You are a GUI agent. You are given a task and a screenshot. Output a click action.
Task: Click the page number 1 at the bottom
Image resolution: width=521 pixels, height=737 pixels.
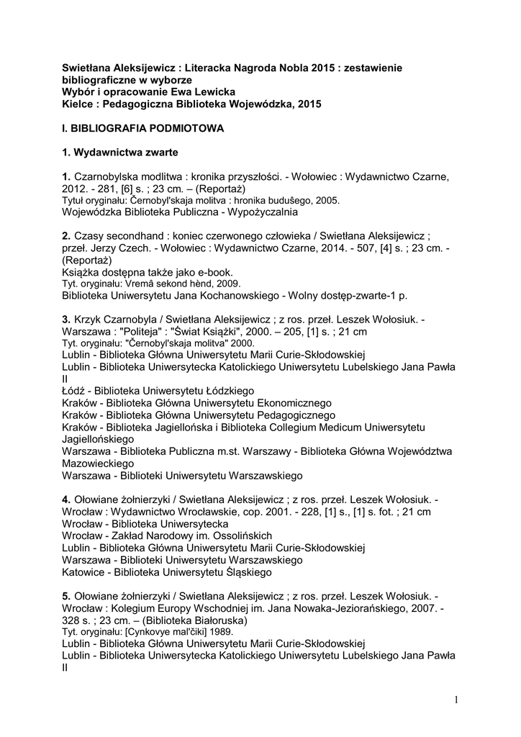pyautogui.click(x=456, y=700)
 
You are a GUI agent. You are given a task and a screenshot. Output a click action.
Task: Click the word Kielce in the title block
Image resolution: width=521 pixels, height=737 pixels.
pyautogui.click(x=78, y=104)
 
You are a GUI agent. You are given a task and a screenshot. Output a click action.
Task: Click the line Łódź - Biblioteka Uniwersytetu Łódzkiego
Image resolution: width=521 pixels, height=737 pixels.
pyautogui.click(x=153, y=390)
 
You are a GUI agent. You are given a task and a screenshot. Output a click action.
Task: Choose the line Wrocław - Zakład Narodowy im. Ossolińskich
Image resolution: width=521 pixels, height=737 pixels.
pyautogui.click(x=167, y=535)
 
